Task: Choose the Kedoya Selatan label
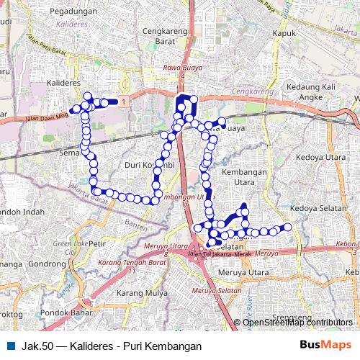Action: tap(318, 207)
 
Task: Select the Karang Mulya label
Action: tap(141, 294)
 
